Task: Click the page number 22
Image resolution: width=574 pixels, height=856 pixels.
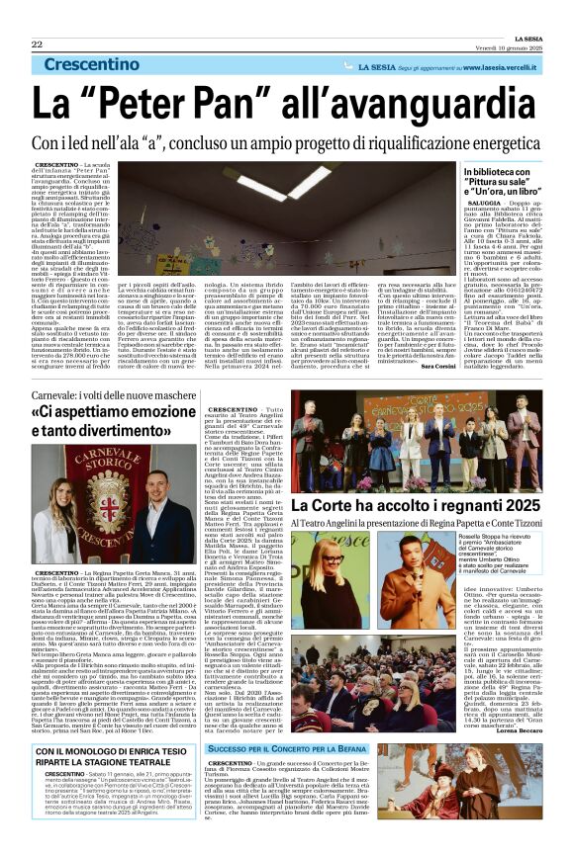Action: pos(37,45)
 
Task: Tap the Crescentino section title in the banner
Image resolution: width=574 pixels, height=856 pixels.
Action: pos(103,65)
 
